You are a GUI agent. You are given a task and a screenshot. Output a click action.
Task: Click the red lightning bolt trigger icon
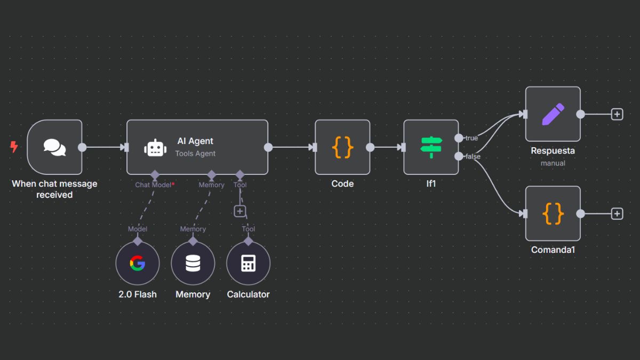point(14,147)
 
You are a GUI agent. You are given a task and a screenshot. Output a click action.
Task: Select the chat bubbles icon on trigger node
point(54,147)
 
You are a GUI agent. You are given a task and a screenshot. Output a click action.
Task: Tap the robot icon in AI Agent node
point(155,148)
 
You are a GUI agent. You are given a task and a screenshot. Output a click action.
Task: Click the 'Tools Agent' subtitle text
point(195,154)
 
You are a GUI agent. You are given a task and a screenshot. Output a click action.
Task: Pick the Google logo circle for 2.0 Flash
point(138,263)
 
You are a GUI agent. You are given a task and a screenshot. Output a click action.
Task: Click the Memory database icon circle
point(193,263)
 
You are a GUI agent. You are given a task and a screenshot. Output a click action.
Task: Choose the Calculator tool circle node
point(249,263)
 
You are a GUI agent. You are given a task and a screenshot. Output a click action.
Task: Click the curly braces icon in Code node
point(342,147)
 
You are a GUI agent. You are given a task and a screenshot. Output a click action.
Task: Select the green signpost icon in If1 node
point(431,147)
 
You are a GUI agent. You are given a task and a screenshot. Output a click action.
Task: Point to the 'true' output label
point(471,138)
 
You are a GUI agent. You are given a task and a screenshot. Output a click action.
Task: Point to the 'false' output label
point(473,156)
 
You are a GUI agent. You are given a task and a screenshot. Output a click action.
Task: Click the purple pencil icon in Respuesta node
point(553,114)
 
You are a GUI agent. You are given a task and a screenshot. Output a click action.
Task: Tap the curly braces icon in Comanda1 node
point(553,213)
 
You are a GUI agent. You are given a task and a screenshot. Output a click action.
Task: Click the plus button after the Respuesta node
point(617,114)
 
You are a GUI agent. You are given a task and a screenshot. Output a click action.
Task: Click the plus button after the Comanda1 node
point(617,213)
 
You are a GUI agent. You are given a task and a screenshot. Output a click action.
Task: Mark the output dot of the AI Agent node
point(268,147)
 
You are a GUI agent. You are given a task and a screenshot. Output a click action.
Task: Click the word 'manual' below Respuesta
point(553,163)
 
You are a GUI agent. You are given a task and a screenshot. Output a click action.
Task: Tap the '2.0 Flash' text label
point(138,294)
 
